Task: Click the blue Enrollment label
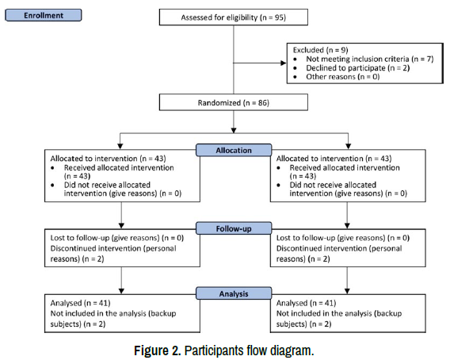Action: (44, 15)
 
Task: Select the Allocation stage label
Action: (234, 150)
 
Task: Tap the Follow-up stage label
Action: (234, 228)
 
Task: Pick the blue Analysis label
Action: (234, 293)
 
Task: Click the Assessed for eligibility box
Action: (234, 17)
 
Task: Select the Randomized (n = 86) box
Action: (234, 102)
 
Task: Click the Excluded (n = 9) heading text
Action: (321, 50)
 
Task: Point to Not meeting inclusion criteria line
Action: (370, 59)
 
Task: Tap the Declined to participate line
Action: (358, 68)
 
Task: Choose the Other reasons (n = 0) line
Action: (343, 77)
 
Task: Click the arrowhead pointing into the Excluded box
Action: (284, 63)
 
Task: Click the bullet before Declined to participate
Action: (296, 68)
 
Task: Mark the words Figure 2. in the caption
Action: (158, 350)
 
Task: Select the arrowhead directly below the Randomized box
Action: (234, 130)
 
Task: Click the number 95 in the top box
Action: (279, 17)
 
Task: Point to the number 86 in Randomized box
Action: (262, 102)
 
